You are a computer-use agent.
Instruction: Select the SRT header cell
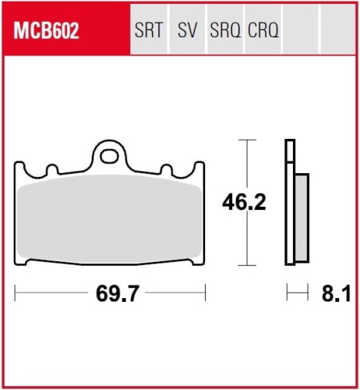(149, 31)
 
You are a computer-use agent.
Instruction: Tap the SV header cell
(187, 31)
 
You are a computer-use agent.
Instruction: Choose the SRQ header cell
(225, 31)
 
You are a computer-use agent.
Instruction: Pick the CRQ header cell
(263, 31)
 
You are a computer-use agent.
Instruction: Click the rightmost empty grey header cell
(335, 31)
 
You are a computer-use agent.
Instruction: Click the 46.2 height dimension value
(244, 203)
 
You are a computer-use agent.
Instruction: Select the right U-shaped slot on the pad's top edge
(166, 168)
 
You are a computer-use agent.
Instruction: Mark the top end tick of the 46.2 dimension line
(247, 140)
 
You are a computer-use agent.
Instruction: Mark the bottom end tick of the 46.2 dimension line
(247, 265)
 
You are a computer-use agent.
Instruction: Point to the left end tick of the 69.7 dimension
(16, 294)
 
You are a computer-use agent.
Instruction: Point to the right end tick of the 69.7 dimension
(205, 294)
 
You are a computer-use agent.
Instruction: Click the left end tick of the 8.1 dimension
(288, 294)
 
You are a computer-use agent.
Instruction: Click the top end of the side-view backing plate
(291, 142)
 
